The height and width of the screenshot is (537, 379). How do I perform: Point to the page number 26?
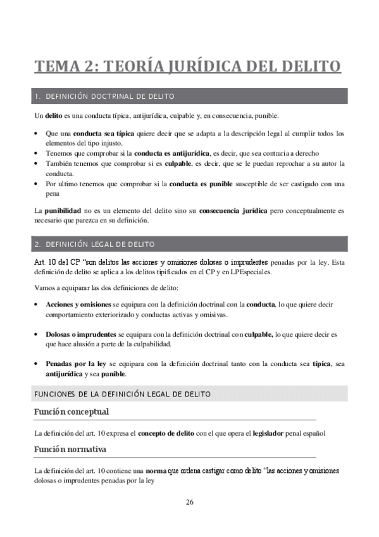[x=190, y=502]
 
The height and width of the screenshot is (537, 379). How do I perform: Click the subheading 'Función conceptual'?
[x=71, y=412]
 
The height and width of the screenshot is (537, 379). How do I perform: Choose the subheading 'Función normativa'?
[x=70, y=450]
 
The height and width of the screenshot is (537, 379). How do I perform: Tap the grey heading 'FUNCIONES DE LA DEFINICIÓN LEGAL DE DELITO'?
[x=122, y=394]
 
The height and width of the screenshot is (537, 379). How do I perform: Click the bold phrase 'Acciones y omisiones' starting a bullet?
[x=78, y=305]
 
